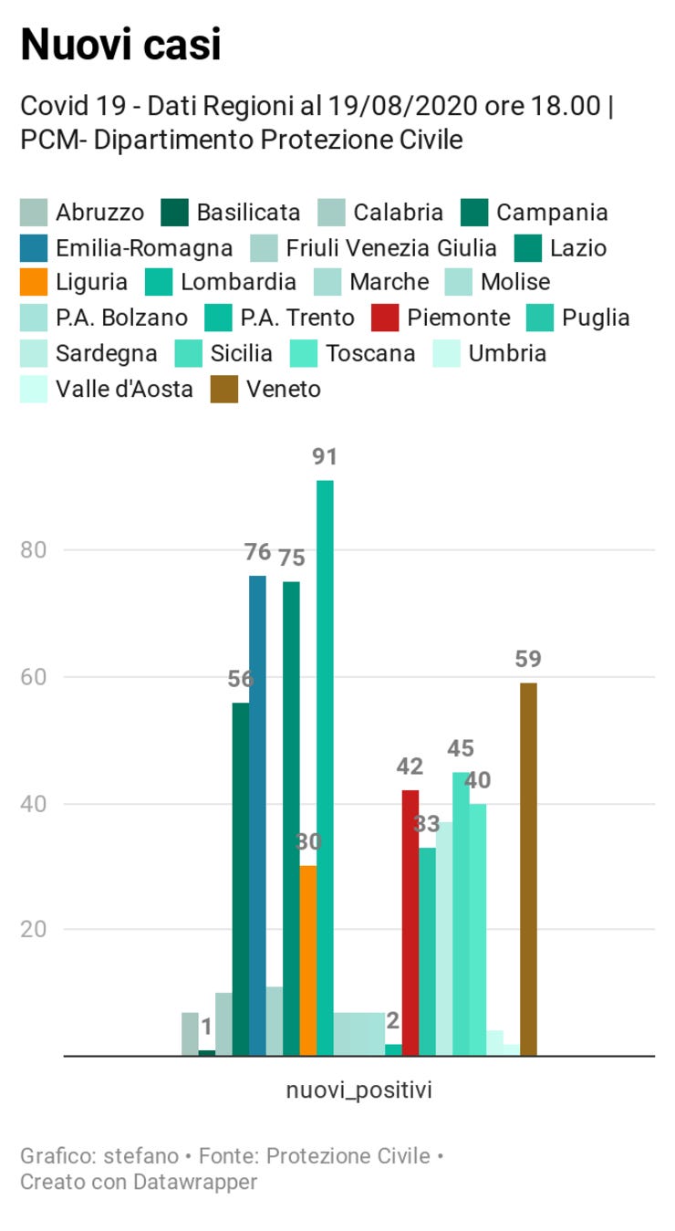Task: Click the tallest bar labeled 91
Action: tap(325, 767)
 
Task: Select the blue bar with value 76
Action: tap(258, 812)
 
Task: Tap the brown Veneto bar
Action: tap(528, 867)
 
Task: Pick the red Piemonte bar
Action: tap(410, 922)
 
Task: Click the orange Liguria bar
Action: tap(308, 958)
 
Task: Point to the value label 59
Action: tap(528, 660)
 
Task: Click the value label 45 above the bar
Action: tap(461, 749)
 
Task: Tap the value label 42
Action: tap(410, 767)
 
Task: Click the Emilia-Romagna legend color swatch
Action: tap(33, 248)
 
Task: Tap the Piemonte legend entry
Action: tap(441, 318)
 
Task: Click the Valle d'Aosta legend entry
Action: tap(107, 390)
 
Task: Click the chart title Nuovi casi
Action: tap(120, 44)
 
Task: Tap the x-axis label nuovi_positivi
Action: tap(359, 1090)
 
